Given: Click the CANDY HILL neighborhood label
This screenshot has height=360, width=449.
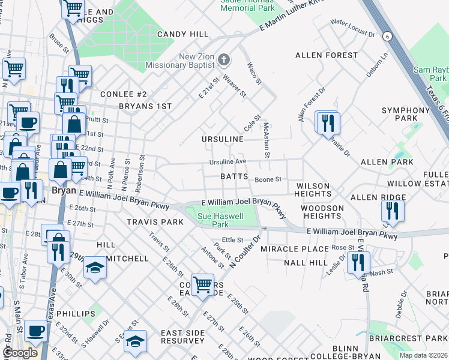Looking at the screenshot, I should [x=182, y=34].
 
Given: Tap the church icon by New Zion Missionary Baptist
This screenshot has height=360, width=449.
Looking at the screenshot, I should [x=224, y=59].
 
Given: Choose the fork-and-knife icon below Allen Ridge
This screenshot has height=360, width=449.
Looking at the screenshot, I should [x=393, y=211].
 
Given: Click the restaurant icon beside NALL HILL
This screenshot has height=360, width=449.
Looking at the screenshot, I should [x=358, y=262].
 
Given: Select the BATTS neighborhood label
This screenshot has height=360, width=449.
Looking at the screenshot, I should [x=234, y=176].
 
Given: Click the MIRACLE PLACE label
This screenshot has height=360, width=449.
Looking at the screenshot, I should [x=303, y=248].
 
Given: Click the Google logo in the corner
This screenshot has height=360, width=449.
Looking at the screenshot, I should [x=20, y=352].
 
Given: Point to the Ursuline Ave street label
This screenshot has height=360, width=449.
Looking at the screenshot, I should [x=228, y=162].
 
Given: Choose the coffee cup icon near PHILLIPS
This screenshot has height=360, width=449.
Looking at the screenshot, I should [x=35, y=331].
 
